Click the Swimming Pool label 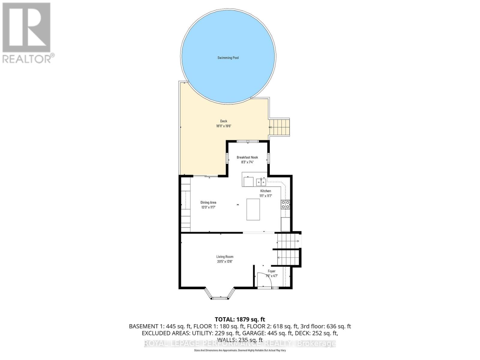[228, 58]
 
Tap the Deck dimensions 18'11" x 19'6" [223, 126]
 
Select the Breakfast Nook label [247, 157]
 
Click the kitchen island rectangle [253, 209]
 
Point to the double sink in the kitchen [261, 181]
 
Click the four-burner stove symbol [285, 204]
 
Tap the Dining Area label [208, 202]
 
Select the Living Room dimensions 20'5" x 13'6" [225, 262]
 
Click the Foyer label [271, 271]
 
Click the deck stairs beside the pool [280, 127]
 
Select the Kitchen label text [265, 191]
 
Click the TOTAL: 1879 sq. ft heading [240, 319]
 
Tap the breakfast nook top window [247, 141]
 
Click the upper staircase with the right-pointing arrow [288, 241]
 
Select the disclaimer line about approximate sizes [240, 350]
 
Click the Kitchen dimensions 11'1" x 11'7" [265, 196]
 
